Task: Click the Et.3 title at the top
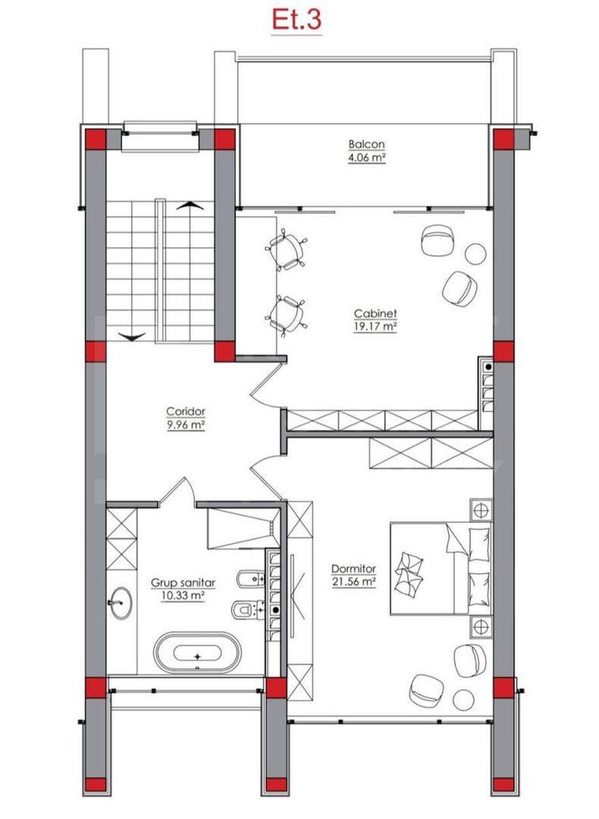296,20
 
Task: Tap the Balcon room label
367,144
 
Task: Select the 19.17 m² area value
376,326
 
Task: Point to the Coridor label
187,412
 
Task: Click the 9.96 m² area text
187,425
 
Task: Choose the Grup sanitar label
183,583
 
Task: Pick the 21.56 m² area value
354,582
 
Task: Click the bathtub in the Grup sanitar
198,653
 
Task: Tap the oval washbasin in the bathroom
119,604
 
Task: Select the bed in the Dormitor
440,567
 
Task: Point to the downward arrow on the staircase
131,335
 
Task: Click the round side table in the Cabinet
476,253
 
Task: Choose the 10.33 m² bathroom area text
183,596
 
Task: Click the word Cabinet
376,313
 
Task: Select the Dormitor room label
354,569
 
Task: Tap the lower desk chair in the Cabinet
288,313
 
